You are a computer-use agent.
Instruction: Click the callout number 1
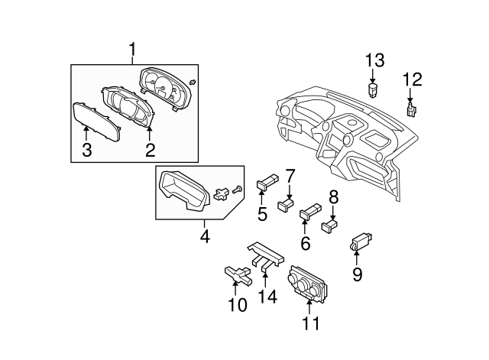[132, 51]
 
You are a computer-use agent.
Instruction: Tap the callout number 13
[374, 60]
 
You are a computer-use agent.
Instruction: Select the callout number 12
[412, 78]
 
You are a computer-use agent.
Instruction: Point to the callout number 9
[357, 274]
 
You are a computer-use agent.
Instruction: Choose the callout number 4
[205, 237]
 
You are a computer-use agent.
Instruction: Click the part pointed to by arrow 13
[374, 90]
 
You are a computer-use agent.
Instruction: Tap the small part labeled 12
[413, 111]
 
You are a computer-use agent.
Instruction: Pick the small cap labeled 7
[287, 203]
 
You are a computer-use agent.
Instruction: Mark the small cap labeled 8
[330, 225]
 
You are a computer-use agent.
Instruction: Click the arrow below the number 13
[373, 77]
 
